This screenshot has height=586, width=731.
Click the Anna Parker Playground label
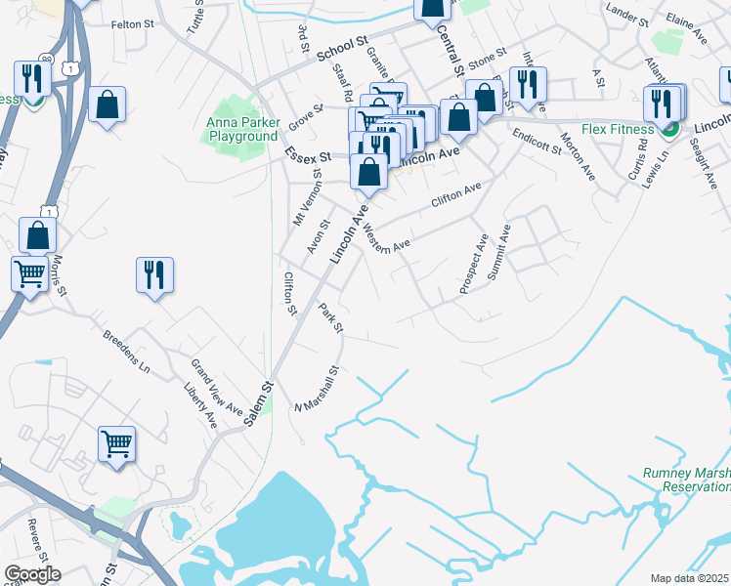pos(242,130)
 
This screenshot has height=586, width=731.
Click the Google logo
pos(32,574)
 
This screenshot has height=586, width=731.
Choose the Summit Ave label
pos(498,253)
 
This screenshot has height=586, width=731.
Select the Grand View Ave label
pos(216,388)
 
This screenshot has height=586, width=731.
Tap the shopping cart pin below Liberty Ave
pos(116,444)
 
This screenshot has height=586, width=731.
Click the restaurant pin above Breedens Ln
pos(154,274)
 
